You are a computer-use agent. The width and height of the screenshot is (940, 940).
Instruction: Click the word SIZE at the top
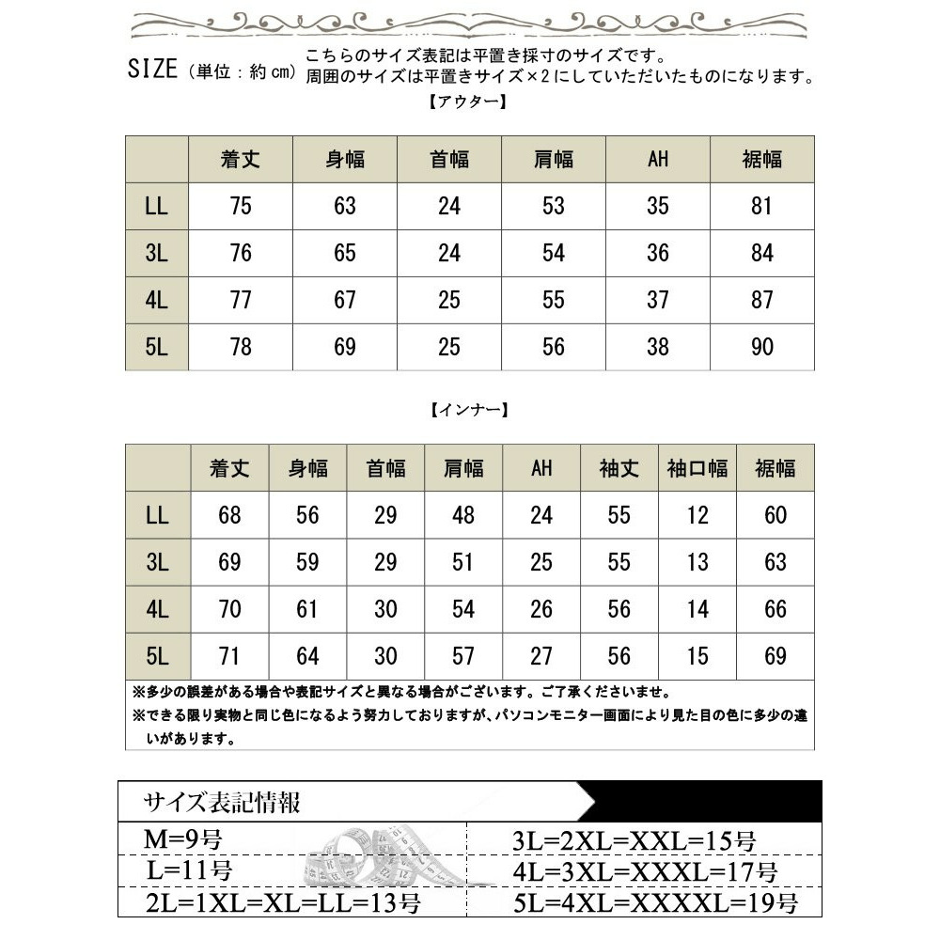tap(152, 70)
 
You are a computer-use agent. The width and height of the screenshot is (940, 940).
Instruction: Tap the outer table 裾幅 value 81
tap(761, 206)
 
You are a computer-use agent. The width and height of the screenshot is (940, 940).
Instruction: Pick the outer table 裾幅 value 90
tap(761, 347)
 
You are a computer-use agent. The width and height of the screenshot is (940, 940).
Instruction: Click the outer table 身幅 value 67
tap(345, 300)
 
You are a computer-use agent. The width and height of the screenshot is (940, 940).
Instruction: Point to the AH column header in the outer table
tap(658, 159)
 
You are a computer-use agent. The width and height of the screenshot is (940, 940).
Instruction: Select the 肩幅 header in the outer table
tap(554, 159)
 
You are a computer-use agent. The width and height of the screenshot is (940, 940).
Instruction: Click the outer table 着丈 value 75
tap(241, 206)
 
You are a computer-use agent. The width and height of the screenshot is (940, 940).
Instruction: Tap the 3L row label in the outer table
tap(157, 253)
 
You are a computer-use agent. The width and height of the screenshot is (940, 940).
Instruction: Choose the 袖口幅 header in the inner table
tap(697, 467)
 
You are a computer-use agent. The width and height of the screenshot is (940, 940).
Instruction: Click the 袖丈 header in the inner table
tap(619, 467)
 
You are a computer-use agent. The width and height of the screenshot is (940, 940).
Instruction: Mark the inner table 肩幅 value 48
tap(463, 515)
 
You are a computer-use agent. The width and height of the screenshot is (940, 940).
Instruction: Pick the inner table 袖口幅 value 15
tap(697, 655)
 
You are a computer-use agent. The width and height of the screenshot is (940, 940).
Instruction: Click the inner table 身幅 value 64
tap(307, 655)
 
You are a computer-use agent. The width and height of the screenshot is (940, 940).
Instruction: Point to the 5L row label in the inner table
tap(157, 655)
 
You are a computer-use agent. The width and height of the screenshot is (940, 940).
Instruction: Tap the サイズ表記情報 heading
tap(222, 803)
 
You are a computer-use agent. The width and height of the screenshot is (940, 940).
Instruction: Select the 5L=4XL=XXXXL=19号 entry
tap(654, 904)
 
